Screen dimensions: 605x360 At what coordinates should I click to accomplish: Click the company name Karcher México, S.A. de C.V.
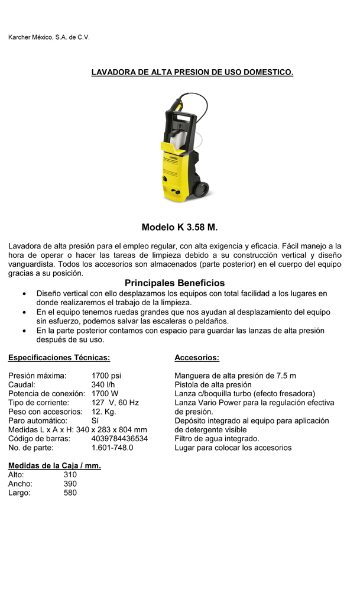tap(48, 37)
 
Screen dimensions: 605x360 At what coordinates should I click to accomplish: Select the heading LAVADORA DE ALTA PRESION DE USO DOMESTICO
tap(192, 72)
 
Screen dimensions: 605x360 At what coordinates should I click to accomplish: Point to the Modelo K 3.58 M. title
tap(180, 227)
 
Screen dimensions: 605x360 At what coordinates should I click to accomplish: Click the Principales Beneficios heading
tap(174, 283)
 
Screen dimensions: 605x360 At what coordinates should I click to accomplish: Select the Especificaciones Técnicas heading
tap(59, 358)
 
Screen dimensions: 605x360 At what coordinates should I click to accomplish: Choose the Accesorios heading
tap(197, 358)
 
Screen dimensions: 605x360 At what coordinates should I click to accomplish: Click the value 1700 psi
tap(106, 376)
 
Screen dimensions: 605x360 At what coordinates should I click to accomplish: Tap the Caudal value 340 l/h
tap(103, 384)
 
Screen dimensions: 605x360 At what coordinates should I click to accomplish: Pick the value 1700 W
tap(105, 393)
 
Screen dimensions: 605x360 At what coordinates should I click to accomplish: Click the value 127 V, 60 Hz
tap(115, 402)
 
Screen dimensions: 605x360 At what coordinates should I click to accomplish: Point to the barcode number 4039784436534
tap(119, 438)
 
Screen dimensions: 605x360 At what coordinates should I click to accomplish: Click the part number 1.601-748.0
tap(112, 448)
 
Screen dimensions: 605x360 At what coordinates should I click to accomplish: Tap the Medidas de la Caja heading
tap(54, 466)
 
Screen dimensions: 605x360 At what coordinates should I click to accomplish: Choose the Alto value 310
tap(70, 474)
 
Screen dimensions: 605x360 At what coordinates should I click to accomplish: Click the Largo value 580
tap(70, 492)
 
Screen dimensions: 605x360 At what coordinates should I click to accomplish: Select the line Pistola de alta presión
tap(213, 384)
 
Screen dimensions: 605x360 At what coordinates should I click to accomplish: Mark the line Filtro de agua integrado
tap(217, 438)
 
